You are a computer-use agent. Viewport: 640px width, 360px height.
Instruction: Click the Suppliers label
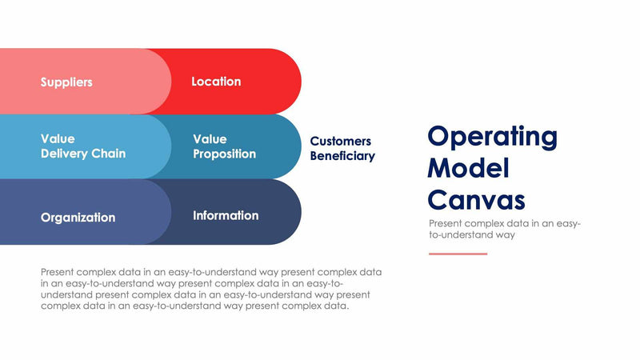click(66, 82)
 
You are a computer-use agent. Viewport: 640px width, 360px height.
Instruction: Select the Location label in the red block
click(216, 82)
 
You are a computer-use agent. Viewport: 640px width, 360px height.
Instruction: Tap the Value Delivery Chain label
click(82, 146)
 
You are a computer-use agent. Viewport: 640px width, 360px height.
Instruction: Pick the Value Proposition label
click(224, 146)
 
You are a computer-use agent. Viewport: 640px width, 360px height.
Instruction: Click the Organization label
click(78, 217)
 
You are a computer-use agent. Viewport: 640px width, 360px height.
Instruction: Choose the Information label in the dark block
click(226, 215)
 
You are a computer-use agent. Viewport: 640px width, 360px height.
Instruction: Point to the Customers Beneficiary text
click(342, 149)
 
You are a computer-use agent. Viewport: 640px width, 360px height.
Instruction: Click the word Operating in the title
click(492, 137)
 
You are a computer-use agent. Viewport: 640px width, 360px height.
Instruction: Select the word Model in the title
click(468, 168)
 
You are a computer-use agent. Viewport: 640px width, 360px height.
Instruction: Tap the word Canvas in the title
click(476, 199)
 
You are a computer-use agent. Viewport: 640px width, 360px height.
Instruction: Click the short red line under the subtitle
click(458, 254)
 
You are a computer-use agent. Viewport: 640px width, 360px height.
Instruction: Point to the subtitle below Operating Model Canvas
click(504, 230)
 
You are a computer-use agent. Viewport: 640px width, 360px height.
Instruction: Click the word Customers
click(340, 142)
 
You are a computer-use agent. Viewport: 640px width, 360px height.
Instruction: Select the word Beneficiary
click(342, 156)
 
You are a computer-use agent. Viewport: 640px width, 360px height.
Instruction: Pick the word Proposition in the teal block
click(224, 154)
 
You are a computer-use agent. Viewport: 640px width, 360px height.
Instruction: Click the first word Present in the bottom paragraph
click(58, 272)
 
